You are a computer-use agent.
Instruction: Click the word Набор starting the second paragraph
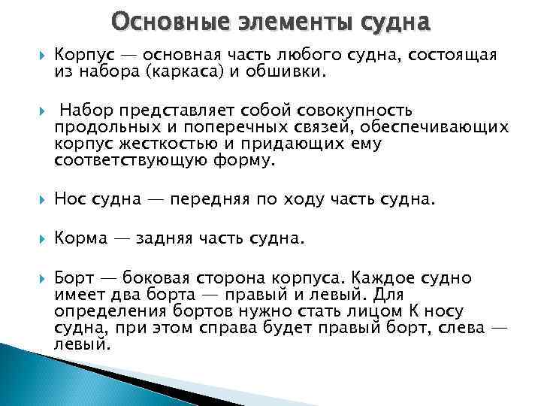point(83,111)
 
